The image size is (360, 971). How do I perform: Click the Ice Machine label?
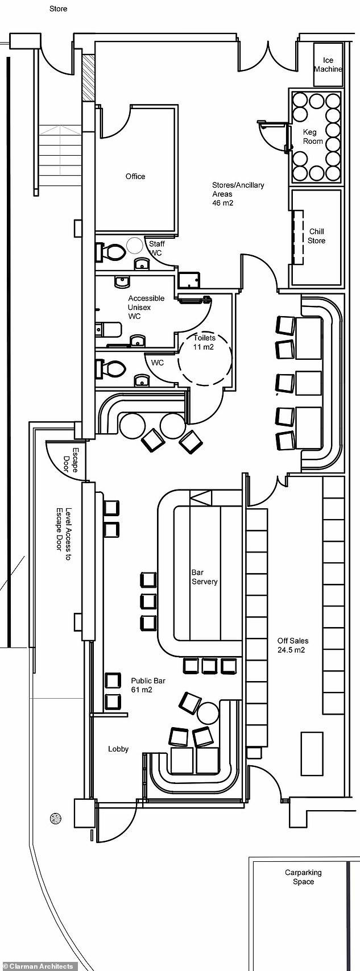tap(328, 65)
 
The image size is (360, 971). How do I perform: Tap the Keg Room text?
tap(313, 136)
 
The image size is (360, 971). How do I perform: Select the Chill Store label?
tap(317, 236)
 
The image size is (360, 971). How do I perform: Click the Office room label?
tap(135, 176)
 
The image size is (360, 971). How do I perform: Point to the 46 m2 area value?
tap(223, 202)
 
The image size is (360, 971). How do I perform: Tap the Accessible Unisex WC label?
tap(146, 307)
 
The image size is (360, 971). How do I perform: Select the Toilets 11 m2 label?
tap(204, 342)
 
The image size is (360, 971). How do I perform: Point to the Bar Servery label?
tap(204, 577)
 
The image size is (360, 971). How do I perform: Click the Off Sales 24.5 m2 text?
tap(292, 645)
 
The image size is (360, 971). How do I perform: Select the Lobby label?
tap(118, 749)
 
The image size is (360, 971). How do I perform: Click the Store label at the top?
tap(58, 9)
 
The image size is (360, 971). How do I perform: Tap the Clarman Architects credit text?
tap(38, 966)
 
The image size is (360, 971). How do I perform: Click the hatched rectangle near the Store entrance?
tap(88, 78)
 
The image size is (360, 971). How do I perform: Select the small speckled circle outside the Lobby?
tap(56, 819)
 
